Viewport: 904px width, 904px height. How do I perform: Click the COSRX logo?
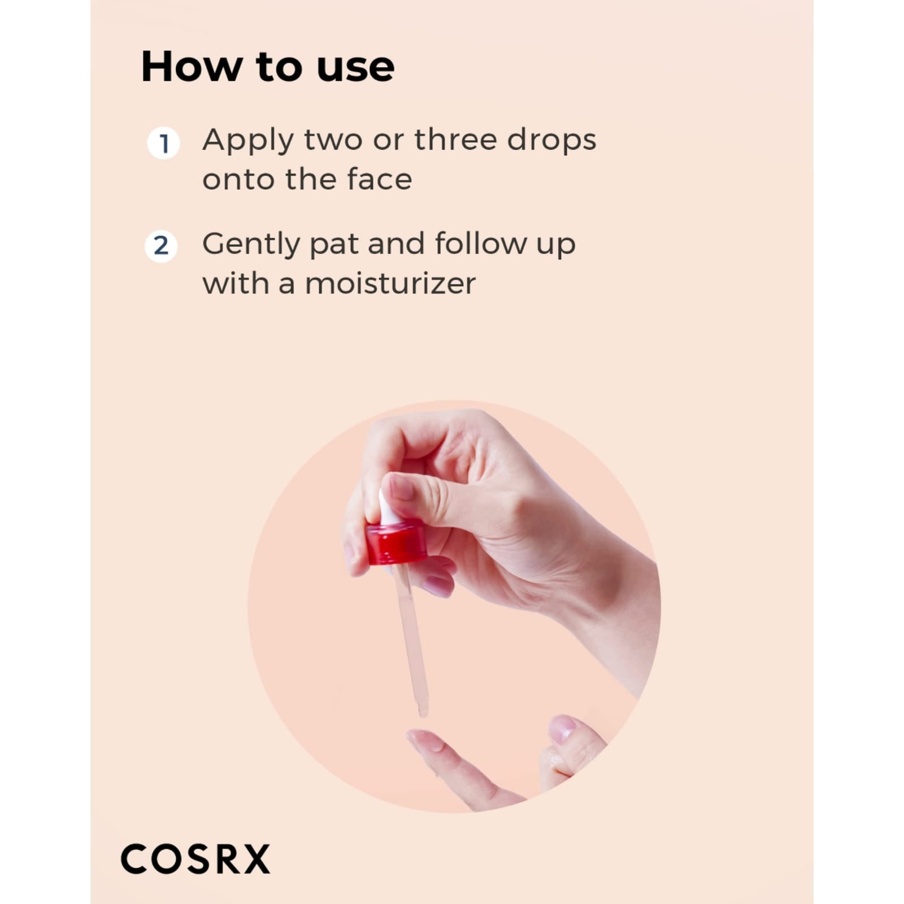195,859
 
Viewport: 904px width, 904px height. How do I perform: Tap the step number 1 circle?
163,144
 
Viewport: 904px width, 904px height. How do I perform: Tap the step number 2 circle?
161,246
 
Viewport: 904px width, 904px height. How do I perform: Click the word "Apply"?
248,140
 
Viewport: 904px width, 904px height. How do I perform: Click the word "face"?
380,180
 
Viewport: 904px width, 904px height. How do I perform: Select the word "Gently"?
251,245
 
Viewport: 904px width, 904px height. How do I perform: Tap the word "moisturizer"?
390,284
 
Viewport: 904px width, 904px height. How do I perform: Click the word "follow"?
481,244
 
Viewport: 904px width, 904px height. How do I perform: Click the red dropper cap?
396,543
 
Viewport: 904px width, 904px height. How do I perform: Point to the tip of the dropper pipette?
423,713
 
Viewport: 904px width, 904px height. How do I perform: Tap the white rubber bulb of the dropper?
388,509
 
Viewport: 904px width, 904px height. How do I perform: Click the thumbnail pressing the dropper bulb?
401,486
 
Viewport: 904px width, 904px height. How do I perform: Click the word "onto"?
238,180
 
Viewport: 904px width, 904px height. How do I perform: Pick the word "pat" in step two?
333,245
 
